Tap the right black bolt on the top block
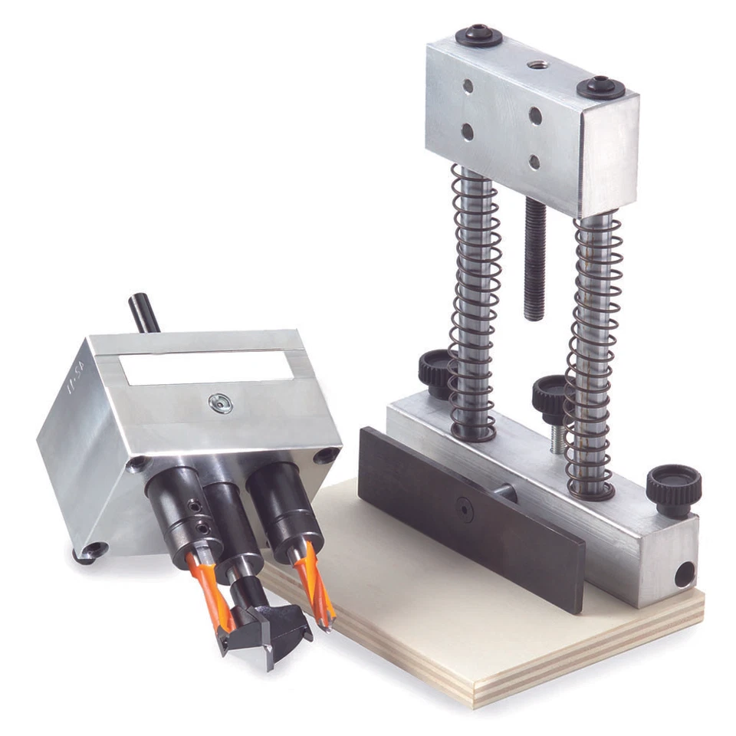pyautogui.click(x=600, y=87)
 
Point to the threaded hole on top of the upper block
pyautogui.click(x=536, y=64)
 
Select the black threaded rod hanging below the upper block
pyautogui.click(x=534, y=261)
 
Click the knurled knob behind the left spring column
pyautogui.click(x=435, y=371)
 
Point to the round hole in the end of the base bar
pyautogui.click(x=683, y=574)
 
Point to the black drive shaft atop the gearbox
pyautogui.click(x=143, y=312)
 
